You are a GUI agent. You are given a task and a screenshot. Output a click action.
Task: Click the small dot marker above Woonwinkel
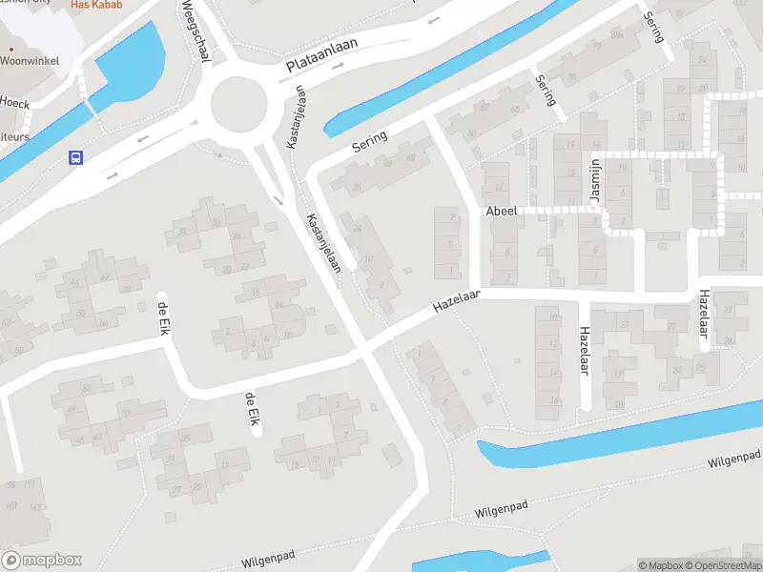tap(11, 48)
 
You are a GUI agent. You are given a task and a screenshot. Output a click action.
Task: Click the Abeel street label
tap(501, 211)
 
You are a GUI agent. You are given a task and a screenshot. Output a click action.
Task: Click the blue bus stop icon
tap(76, 157)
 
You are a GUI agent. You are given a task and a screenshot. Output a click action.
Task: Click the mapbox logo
tap(42, 561)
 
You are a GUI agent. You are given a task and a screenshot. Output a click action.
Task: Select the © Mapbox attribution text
tap(660, 565)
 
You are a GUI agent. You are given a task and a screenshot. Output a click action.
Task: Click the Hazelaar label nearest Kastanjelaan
tap(455, 303)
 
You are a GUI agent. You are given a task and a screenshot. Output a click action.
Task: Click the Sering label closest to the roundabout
tap(369, 142)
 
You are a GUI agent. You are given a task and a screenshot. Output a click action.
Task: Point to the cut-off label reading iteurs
tap(15, 136)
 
